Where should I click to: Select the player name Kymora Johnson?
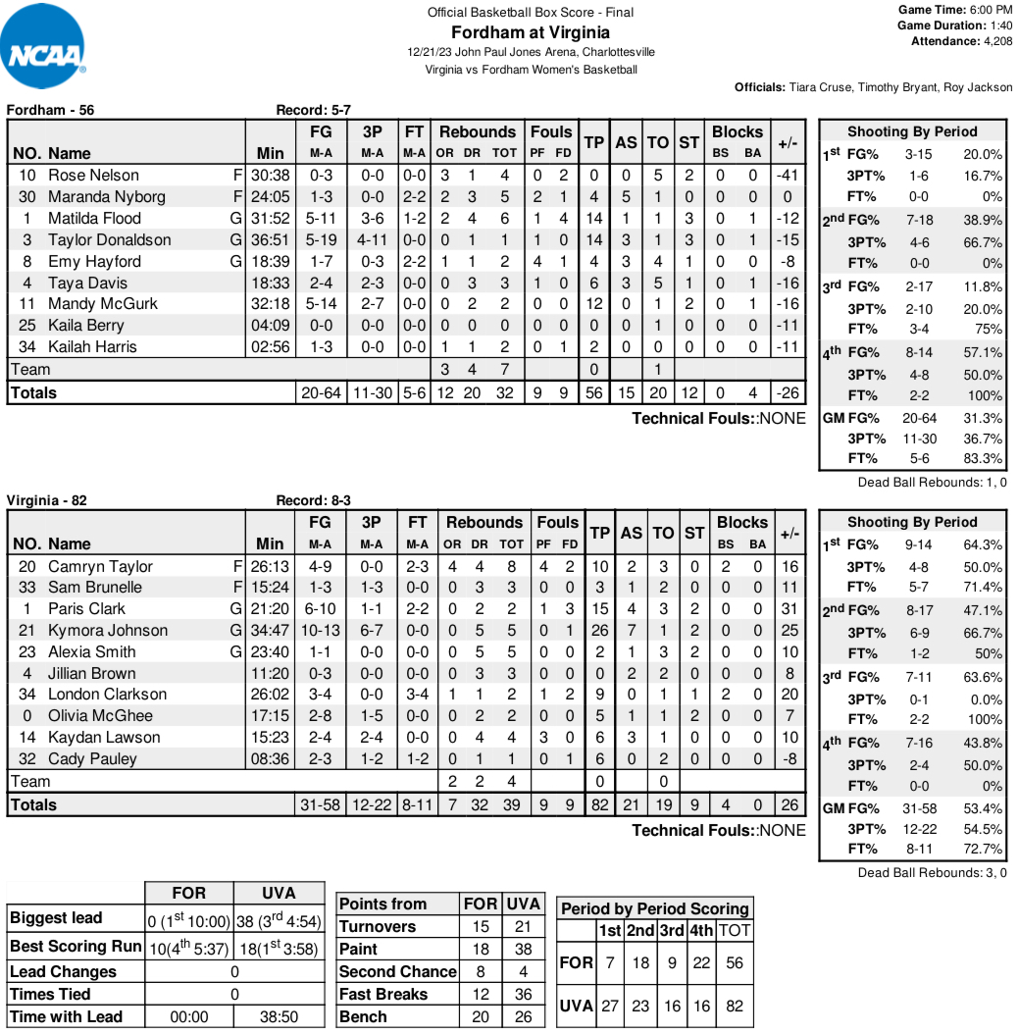click(108, 630)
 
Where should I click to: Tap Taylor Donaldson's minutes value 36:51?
click(271, 239)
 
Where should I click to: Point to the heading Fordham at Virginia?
click(530, 32)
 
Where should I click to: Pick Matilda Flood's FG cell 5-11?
click(321, 218)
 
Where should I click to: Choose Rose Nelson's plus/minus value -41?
click(787, 175)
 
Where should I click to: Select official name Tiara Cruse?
click(822, 87)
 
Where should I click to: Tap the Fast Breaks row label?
click(383, 994)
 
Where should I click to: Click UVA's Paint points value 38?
click(523, 949)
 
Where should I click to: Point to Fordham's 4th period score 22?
click(700, 962)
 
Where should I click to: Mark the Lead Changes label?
click(63, 971)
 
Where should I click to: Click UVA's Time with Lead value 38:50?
click(280, 1016)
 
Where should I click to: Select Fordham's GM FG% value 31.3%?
click(984, 417)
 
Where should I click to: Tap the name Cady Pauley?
click(93, 758)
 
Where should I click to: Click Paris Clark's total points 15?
click(599, 608)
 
